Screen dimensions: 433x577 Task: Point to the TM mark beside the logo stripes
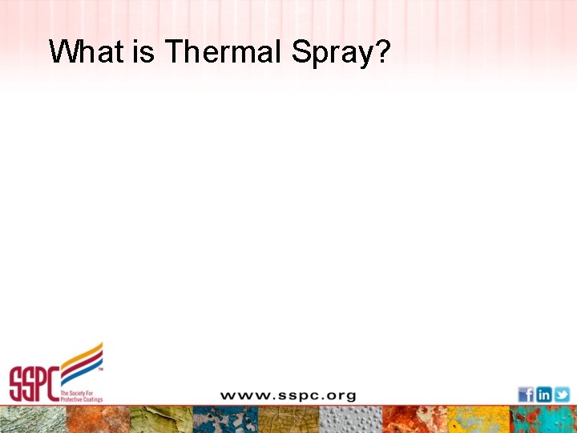pyautogui.click(x=99, y=370)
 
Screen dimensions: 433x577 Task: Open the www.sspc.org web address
pyautogui.click(x=288, y=395)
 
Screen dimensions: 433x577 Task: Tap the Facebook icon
pyautogui.click(x=526, y=395)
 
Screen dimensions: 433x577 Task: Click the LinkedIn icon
pyautogui.click(x=543, y=395)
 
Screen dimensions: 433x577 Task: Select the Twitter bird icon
pyautogui.click(x=562, y=395)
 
